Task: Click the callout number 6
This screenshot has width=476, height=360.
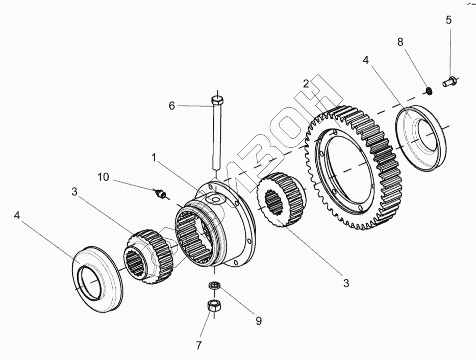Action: pyautogui.click(x=172, y=106)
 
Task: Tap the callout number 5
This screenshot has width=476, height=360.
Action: pyautogui.click(x=448, y=20)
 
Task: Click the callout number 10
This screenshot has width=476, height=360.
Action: pyautogui.click(x=104, y=177)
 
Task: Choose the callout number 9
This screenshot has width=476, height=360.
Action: pyautogui.click(x=258, y=321)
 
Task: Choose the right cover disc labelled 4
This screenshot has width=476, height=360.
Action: pyautogui.click(x=421, y=138)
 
